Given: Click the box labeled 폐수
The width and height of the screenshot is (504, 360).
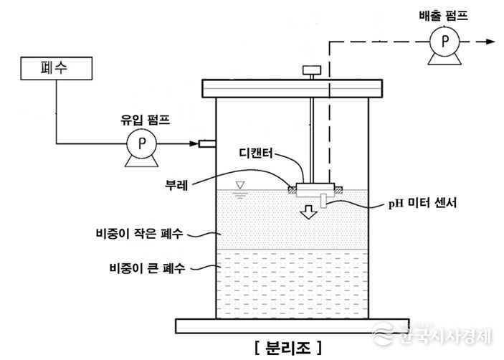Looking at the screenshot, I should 56,68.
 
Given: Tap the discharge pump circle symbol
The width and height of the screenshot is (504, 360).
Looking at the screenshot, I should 444,42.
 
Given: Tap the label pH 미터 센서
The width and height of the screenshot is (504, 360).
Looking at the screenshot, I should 427,204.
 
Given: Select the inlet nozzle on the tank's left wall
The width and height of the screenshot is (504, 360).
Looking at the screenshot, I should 207,144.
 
